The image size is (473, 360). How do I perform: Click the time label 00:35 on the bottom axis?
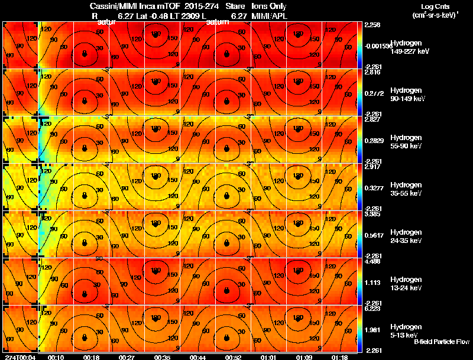coord(163,358)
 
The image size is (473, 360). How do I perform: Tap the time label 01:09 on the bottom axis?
coord(305,358)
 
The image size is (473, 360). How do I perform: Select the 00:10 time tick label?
coord(56,358)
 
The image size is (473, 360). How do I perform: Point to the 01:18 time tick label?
coord(340,358)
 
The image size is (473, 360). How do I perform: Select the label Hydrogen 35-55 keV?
coord(406,189)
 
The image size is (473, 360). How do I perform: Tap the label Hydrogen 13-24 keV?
coord(406,284)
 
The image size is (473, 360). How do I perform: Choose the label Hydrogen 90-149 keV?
coord(407,95)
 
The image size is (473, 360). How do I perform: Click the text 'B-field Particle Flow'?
coord(441,342)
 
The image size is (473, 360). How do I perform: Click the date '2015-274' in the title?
coord(197,6)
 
